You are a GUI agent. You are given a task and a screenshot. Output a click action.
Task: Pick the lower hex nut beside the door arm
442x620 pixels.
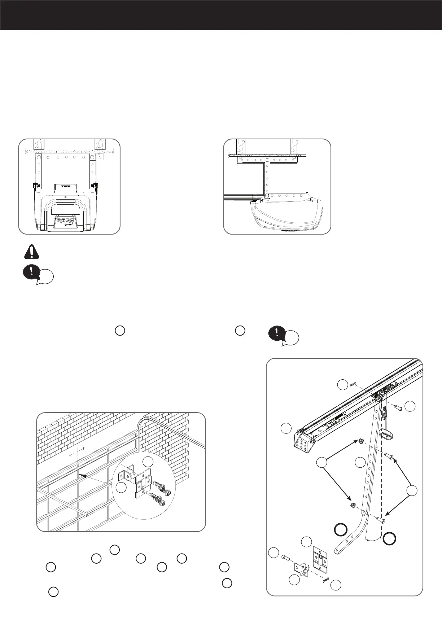[353, 505]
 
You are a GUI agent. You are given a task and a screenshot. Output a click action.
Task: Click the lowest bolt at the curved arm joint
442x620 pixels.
[380, 520]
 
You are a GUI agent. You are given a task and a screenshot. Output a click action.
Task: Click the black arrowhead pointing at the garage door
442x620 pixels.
[82, 476]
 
